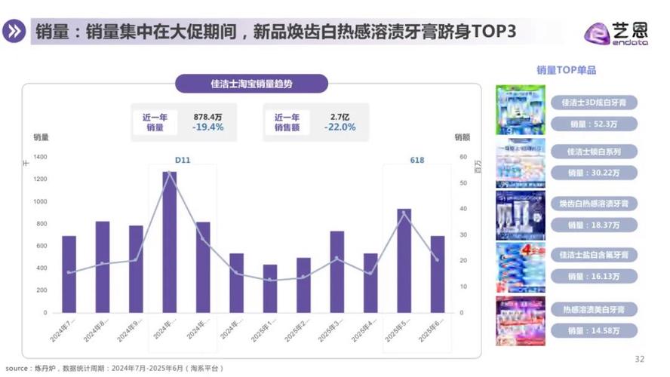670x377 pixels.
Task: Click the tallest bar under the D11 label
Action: click(x=170, y=241)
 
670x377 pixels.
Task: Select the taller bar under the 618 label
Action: click(x=404, y=260)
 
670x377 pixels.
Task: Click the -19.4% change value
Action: click(x=207, y=127)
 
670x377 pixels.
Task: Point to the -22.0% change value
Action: click(x=340, y=127)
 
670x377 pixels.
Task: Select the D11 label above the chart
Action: click(x=183, y=160)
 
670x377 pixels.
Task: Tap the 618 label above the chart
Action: click(x=416, y=160)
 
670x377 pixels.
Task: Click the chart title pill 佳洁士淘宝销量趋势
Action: click(x=251, y=84)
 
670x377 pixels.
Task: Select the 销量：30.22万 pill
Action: click(x=593, y=173)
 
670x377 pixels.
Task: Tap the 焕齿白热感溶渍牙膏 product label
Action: click(x=594, y=204)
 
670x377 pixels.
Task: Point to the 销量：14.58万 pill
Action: click(x=593, y=330)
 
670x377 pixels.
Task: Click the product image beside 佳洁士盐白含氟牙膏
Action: click(x=520, y=267)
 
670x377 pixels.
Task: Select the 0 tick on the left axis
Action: click(x=45, y=312)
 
